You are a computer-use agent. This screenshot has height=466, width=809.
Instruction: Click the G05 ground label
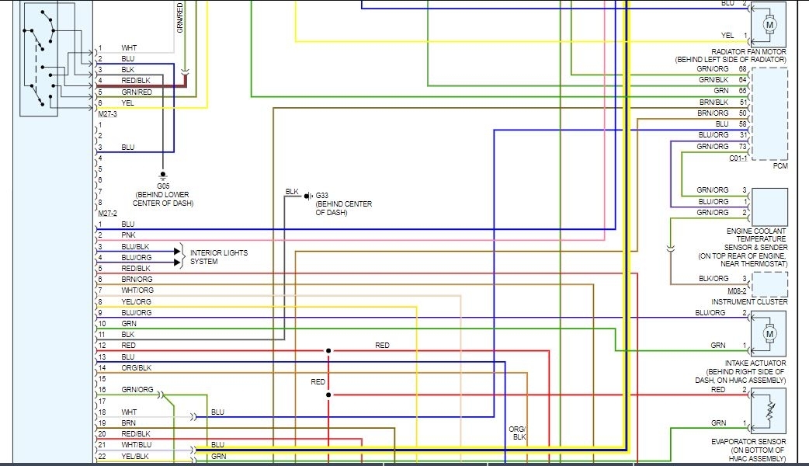tap(163, 186)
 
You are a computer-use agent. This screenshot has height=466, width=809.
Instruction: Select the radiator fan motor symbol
tap(770, 25)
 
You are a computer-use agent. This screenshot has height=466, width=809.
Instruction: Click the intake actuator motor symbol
tap(770, 334)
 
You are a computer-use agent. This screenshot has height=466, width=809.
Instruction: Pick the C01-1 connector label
tap(738, 158)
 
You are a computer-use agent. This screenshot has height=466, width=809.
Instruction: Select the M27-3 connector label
tap(107, 113)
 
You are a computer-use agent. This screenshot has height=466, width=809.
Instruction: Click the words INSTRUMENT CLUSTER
tap(749, 301)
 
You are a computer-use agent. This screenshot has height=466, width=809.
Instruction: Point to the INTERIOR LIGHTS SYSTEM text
tap(219, 257)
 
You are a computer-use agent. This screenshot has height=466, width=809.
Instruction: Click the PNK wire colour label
tap(128, 235)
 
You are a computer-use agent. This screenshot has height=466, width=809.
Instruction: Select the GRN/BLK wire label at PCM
tap(713, 80)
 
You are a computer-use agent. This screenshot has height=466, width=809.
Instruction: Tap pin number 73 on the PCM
tap(743, 147)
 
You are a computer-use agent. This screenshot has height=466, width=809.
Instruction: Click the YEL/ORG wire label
tap(136, 301)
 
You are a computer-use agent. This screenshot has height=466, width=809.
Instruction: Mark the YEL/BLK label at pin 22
tap(136, 456)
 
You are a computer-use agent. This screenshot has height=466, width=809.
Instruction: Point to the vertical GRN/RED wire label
tap(179, 17)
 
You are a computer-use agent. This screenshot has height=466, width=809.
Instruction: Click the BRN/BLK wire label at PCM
tap(713, 102)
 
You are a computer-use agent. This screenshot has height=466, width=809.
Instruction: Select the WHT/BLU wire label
tap(136, 444)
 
